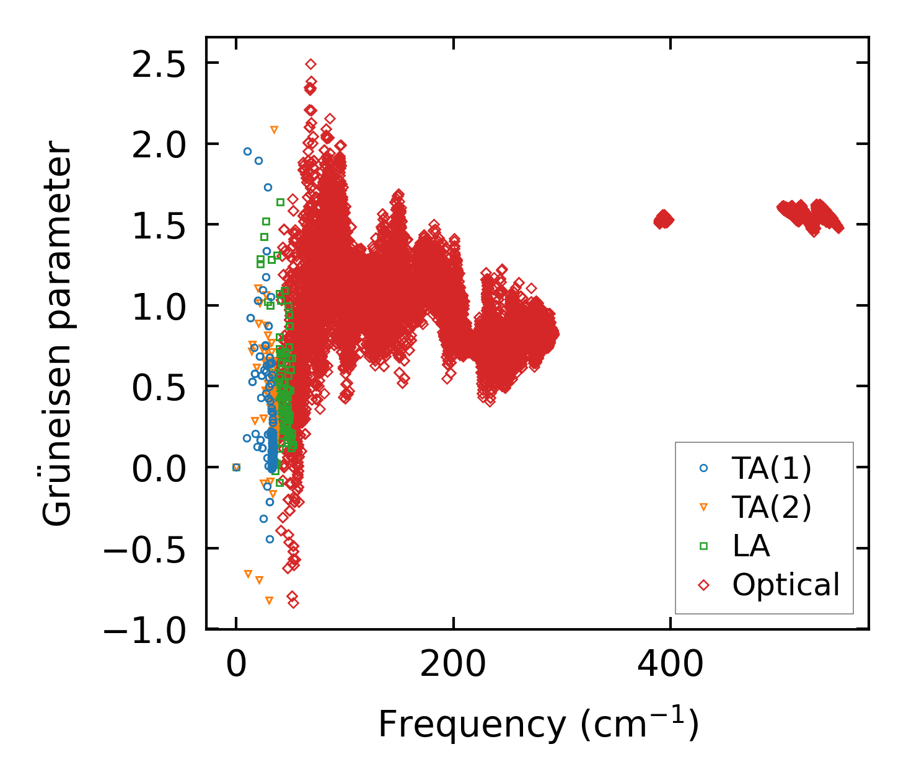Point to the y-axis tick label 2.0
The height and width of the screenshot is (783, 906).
click(x=159, y=144)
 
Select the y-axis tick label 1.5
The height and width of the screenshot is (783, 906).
click(x=159, y=225)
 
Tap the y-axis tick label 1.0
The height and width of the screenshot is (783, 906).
click(x=159, y=305)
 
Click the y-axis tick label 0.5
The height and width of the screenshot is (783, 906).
click(x=159, y=387)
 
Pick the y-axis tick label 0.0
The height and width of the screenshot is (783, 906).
click(x=159, y=468)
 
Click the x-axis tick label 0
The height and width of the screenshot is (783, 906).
click(x=236, y=665)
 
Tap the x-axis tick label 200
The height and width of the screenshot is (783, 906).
click(x=453, y=665)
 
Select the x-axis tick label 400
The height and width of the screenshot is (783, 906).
click(x=671, y=665)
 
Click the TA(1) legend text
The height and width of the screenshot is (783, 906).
click(x=772, y=468)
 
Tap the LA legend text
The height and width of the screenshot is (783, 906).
click(x=751, y=546)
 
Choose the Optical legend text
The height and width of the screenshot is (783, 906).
click(x=786, y=584)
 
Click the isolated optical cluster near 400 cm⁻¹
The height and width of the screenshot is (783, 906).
click(x=664, y=219)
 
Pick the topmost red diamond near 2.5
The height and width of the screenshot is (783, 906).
click(x=310, y=64)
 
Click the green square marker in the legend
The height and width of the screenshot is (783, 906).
click(x=703, y=546)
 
